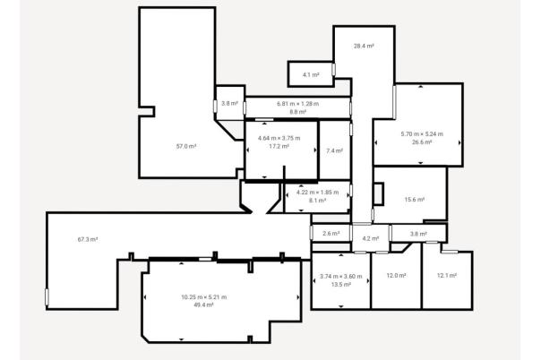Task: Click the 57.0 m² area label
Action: (186, 145)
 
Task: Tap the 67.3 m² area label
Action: (88, 239)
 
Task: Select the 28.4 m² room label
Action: (363, 46)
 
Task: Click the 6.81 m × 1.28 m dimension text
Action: (298, 104)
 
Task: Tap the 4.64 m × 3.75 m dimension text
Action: (279, 138)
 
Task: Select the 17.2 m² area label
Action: (279, 146)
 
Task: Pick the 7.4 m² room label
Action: (334, 150)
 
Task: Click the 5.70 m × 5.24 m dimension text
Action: (422, 134)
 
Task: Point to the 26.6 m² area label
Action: (422, 142)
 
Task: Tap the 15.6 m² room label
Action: (414, 200)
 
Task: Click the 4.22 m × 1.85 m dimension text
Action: (317, 193)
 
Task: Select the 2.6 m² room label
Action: (331, 234)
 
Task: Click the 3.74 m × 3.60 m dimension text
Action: (340, 277)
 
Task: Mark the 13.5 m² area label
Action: (340, 285)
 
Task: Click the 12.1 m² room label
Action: (447, 275)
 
